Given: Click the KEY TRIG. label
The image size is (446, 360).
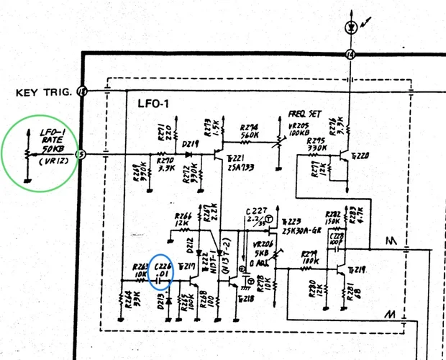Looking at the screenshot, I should (x=43, y=92).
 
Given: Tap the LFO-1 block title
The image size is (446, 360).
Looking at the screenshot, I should (x=153, y=104).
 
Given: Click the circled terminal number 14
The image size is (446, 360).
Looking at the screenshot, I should (x=350, y=55).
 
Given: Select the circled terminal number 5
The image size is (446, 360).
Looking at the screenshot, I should (x=81, y=153).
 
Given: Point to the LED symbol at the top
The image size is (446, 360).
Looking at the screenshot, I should (x=350, y=27).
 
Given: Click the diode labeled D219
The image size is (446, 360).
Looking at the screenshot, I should (x=189, y=143).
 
